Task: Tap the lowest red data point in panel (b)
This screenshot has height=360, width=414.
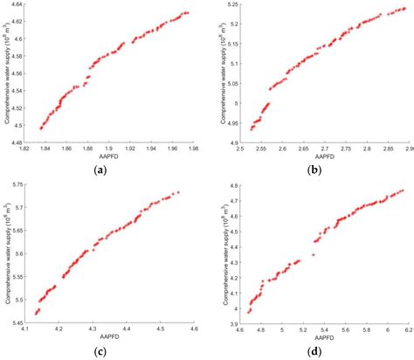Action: tap(252, 128)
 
